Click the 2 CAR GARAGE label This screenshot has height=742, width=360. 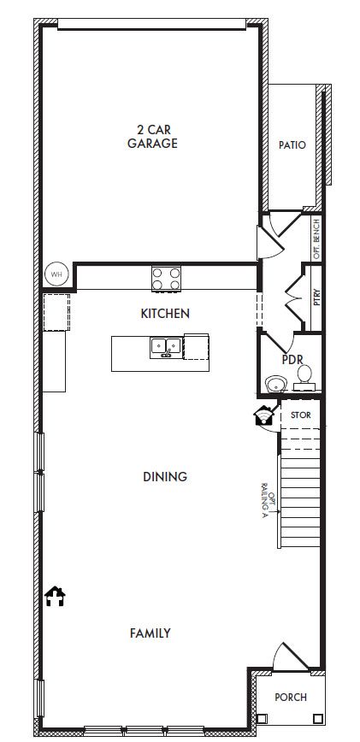point(152,136)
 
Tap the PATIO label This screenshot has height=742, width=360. point(292,144)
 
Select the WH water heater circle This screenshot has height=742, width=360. point(56,274)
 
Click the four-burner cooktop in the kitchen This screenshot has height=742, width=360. point(166,279)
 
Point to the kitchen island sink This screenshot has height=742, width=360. point(166,348)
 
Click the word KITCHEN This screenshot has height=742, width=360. point(165,313)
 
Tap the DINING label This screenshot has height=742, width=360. point(165,476)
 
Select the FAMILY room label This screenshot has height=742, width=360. point(150,633)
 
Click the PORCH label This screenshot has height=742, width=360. point(291,697)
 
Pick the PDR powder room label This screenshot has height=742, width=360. point(292,360)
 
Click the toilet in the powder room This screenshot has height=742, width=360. point(304,378)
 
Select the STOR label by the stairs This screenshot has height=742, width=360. point(301,415)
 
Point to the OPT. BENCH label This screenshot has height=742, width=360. point(317,238)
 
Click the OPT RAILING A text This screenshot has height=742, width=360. point(268,501)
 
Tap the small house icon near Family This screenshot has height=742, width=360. point(55,597)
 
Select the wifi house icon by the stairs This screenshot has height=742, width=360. point(263,416)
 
